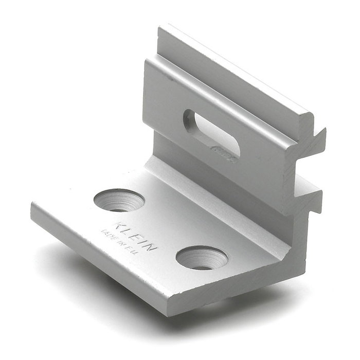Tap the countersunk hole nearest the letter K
point(119,200)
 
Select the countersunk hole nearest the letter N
point(202,257)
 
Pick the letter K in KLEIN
point(119,225)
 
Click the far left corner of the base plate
point(32,205)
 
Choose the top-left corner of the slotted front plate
point(145,61)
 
